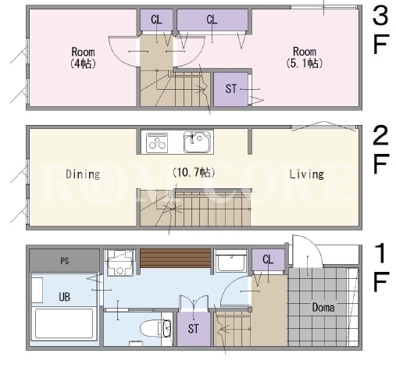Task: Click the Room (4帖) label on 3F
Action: point(83,58)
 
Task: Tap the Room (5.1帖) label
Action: point(305,57)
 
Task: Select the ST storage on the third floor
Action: point(230,89)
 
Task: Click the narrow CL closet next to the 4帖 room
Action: point(156,20)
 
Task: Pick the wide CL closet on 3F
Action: point(212,20)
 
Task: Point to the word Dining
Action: point(83,174)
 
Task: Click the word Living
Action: point(307,174)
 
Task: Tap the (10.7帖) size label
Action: point(194,173)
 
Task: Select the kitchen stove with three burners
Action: point(157,143)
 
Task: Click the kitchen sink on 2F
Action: point(197,142)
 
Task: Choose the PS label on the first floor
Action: point(65,261)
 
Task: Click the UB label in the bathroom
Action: point(64,297)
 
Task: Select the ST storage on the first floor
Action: point(194,329)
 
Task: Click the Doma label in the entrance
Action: point(323,308)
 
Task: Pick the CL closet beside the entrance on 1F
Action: point(268,260)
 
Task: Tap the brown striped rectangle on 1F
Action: point(175,258)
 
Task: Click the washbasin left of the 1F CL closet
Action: point(231,261)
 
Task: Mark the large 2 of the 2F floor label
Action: point(380,135)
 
